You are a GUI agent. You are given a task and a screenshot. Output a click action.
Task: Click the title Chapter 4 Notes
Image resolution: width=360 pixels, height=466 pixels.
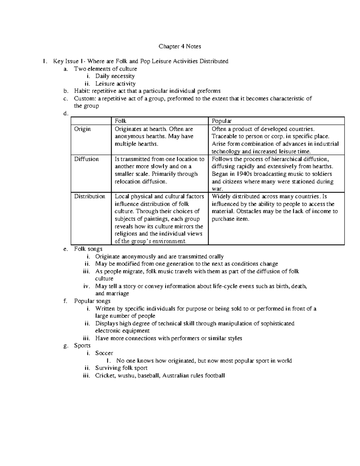click(x=180, y=47)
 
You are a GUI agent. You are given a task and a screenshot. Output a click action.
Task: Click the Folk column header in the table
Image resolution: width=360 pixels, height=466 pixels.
click(x=120, y=121)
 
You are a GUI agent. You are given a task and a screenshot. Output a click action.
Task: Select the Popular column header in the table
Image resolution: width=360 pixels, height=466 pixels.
click(x=221, y=121)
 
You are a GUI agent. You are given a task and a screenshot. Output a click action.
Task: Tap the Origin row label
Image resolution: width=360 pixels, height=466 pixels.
click(x=82, y=129)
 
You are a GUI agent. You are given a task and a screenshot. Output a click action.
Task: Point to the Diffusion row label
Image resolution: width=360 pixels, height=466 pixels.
click(x=86, y=159)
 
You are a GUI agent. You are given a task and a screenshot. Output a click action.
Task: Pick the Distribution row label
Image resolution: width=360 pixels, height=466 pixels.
click(x=90, y=197)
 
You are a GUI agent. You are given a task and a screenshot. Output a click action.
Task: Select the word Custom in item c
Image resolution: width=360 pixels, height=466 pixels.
click(x=84, y=98)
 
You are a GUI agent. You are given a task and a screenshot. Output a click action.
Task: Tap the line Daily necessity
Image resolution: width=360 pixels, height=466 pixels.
click(x=115, y=76)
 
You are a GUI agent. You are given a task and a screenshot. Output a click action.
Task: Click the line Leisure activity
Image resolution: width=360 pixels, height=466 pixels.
click(x=115, y=84)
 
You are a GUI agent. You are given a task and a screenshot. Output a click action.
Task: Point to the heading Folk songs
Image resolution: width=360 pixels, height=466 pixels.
click(x=88, y=249)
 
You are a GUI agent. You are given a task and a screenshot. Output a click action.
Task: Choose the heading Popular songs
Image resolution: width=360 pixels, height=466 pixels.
click(x=92, y=301)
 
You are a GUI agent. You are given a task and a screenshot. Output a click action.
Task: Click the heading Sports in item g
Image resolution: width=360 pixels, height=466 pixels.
click(x=82, y=346)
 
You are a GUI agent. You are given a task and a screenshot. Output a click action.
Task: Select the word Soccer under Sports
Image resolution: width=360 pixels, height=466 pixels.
click(x=104, y=353)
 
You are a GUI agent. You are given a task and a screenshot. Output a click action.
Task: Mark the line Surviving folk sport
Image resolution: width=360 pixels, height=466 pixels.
click(x=121, y=368)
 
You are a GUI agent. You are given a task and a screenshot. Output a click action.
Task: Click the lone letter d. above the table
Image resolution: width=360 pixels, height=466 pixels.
click(x=66, y=113)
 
